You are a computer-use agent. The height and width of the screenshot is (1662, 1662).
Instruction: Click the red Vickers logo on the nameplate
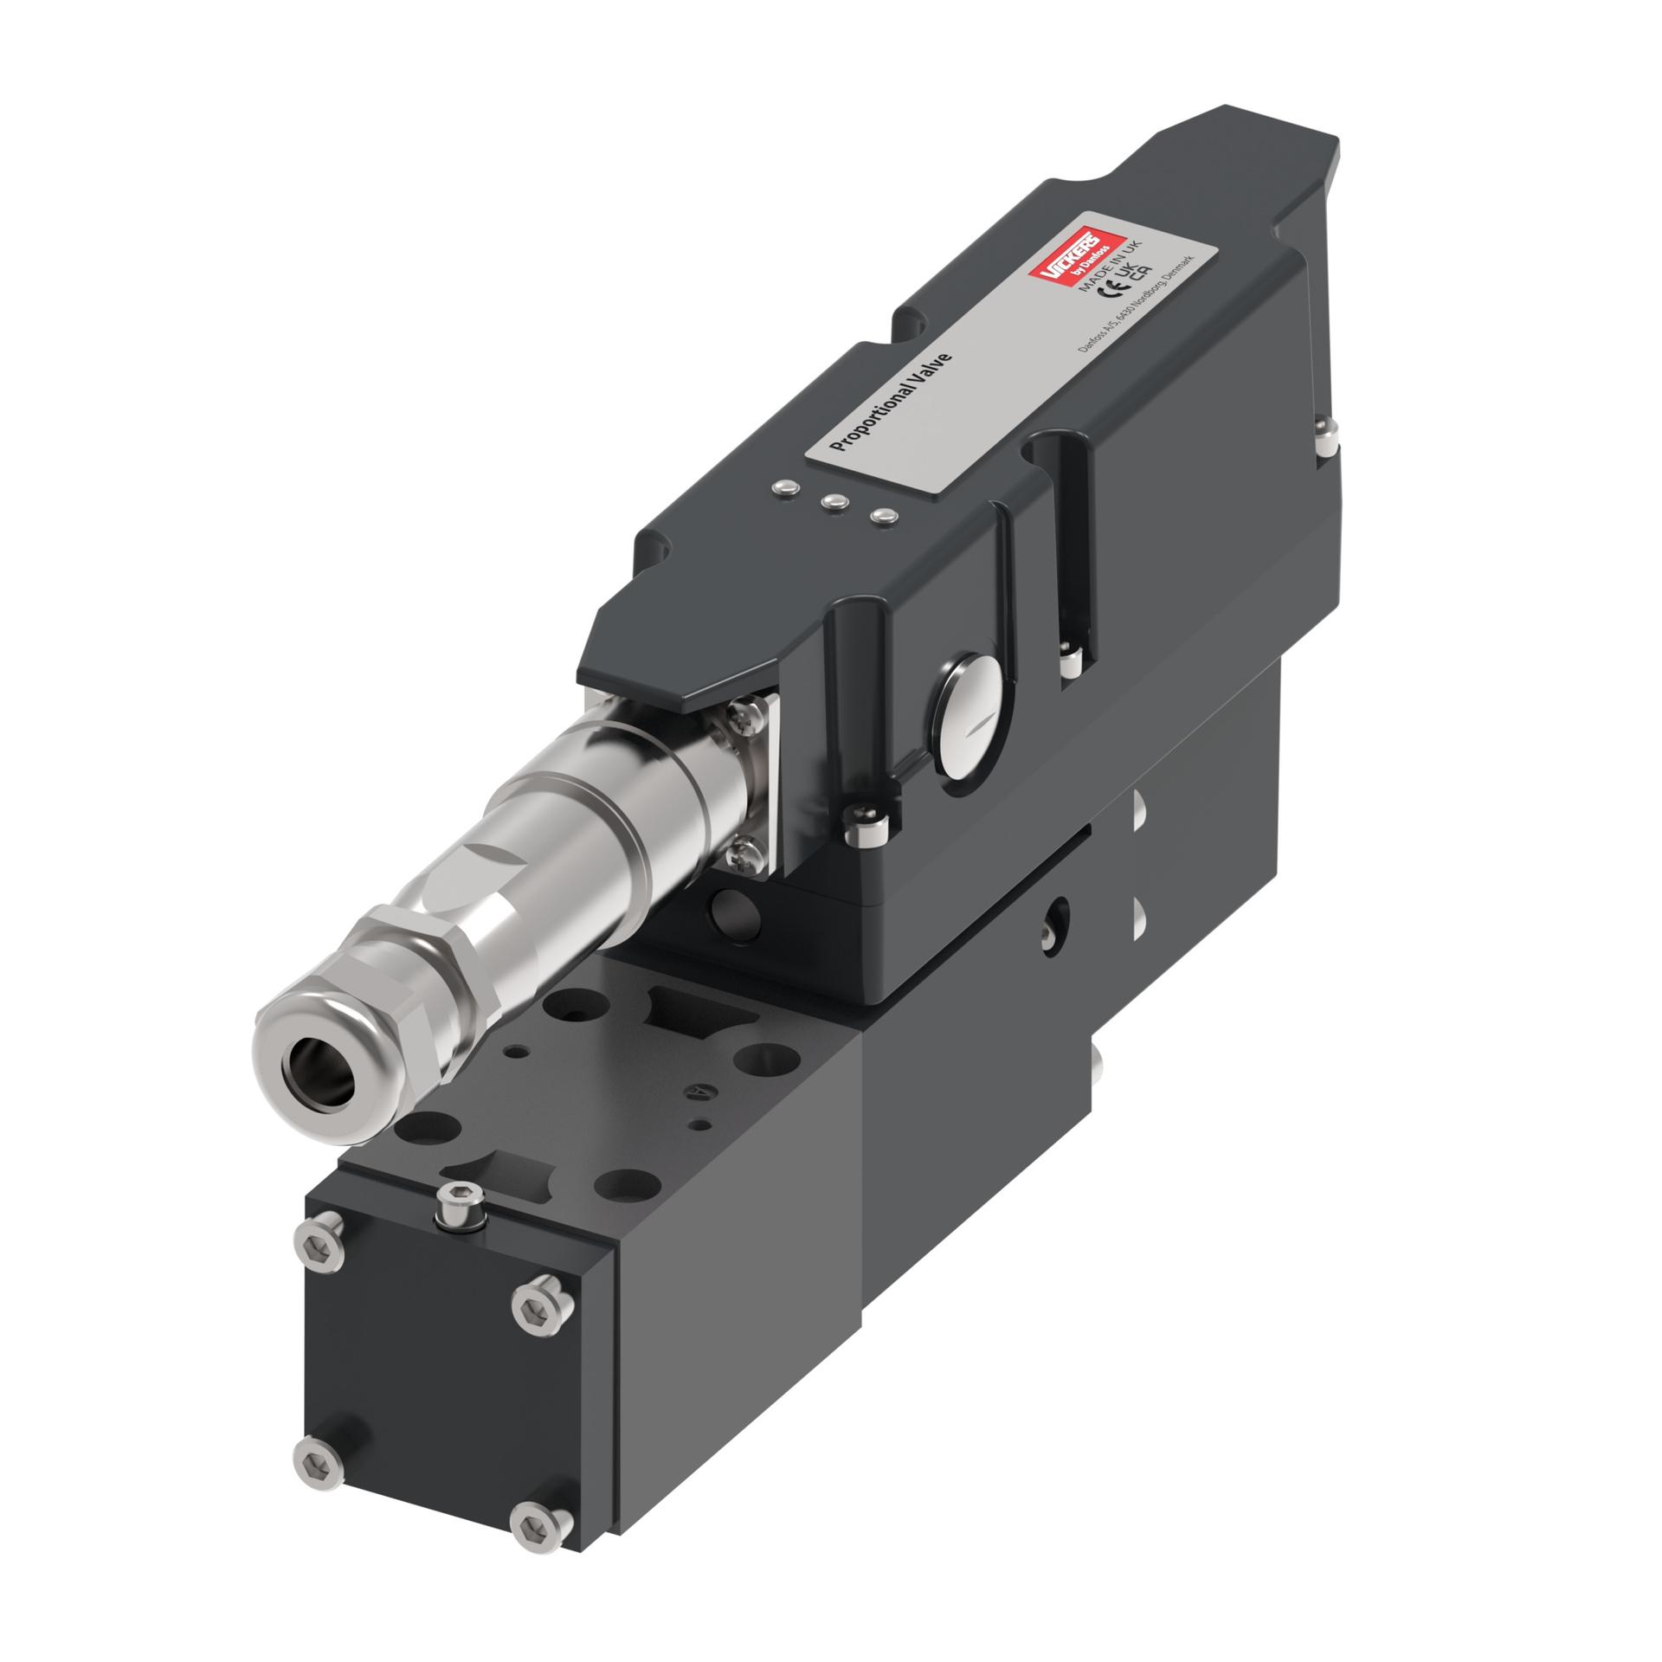[1077, 256]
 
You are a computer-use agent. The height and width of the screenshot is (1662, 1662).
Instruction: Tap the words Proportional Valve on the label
[891, 402]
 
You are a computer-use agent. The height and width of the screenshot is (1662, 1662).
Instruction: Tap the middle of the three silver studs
[834, 500]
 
